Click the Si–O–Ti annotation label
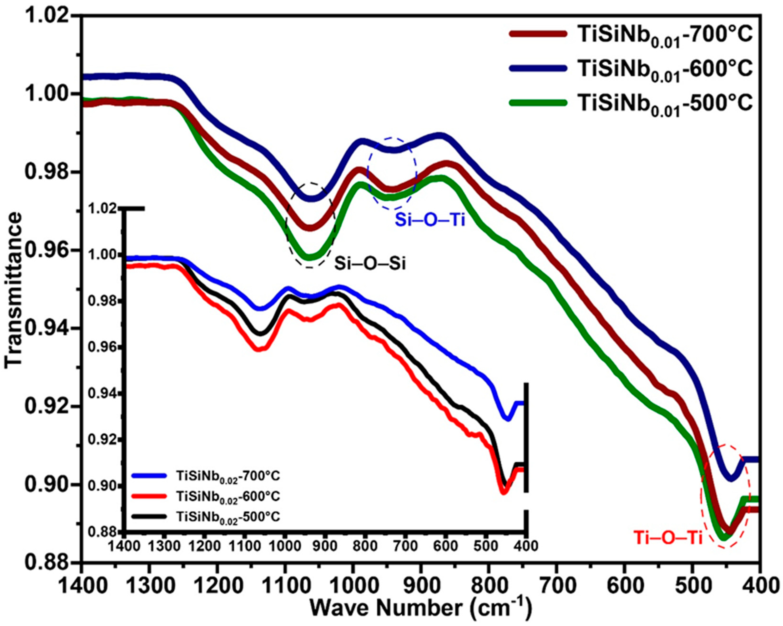430,220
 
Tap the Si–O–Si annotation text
370,264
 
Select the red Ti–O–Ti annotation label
667,538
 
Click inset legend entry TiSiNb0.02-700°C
228,476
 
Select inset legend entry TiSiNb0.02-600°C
228,496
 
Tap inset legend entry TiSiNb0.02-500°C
228,516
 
